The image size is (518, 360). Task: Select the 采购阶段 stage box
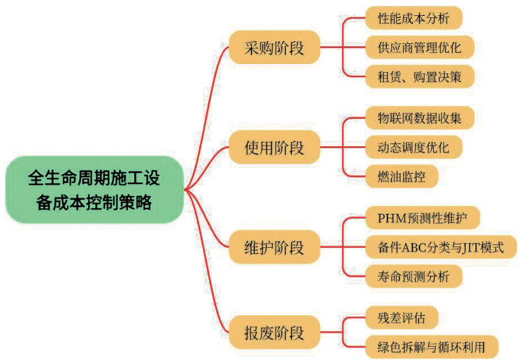[x=274, y=48]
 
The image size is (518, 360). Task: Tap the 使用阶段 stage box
[x=274, y=147]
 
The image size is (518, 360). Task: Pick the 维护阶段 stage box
[x=274, y=246]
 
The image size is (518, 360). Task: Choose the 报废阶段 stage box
[x=274, y=334]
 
